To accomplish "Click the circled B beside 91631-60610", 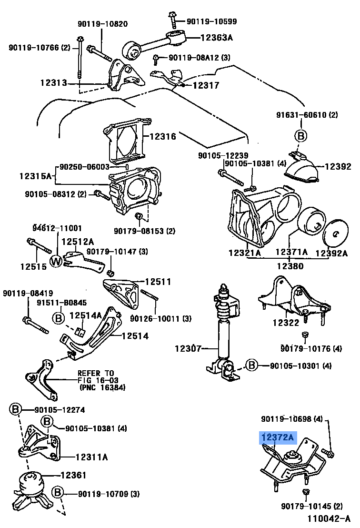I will click(300, 136).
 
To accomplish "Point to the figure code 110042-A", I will click(328, 518).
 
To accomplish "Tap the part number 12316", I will click(162, 137).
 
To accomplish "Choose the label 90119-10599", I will click(211, 21).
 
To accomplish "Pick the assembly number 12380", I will click(291, 266).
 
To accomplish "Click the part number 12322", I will click(286, 323).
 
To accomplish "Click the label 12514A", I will click(86, 315).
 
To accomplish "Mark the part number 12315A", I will click(35, 176).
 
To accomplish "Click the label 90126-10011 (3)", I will click(160, 318).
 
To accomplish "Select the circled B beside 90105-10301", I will click(251, 366).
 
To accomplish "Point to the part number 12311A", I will click(91, 457).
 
